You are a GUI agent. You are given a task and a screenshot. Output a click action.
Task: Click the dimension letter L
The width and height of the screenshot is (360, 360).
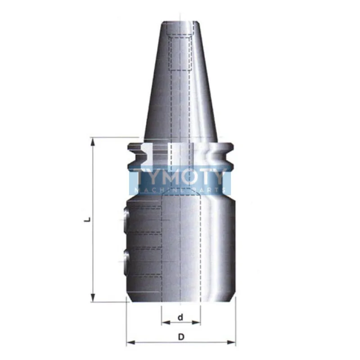(87, 220)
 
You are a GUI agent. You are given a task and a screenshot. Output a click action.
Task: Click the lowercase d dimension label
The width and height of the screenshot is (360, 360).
(181, 317)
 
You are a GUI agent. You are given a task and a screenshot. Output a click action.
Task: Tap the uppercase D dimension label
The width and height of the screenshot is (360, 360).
(181, 337)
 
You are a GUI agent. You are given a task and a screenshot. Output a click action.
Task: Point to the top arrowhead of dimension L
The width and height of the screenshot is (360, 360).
(93, 142)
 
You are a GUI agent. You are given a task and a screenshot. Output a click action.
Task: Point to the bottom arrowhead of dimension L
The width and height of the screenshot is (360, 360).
(93, 298)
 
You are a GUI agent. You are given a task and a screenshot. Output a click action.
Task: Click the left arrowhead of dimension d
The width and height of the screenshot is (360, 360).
(166, 323)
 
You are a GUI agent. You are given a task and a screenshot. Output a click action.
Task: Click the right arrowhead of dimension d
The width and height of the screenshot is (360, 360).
(196, 323)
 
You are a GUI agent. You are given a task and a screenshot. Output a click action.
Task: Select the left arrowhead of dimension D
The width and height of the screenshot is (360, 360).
(131, 342)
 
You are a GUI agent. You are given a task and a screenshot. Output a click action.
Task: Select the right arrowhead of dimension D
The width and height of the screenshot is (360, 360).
(231, 342)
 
